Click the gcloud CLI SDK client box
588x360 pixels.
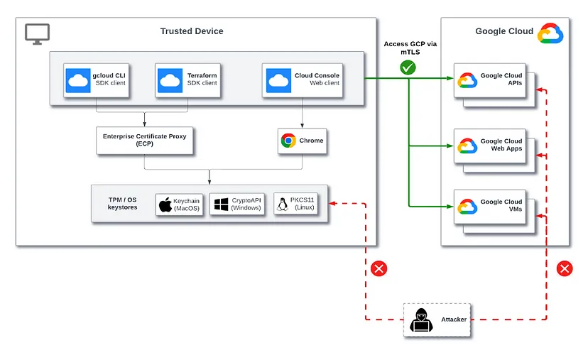(x=96, y=80)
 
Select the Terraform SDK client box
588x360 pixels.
(x=187, y=80)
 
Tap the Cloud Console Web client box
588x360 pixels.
(x=303, y=80)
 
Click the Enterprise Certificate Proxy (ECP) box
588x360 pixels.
(x=144, y=141)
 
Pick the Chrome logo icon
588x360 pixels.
(x=288, y=141)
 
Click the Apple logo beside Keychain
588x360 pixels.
(x=165, y=204)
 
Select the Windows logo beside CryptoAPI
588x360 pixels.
(x=222, y=204)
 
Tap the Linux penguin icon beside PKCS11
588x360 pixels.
(x=283, y=204)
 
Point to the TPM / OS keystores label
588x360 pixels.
(x=122, y=203)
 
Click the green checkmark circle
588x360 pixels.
(x=408, y=67)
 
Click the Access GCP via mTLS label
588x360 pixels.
(x=410, y=48)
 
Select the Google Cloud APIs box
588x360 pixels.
(x=490, y=80)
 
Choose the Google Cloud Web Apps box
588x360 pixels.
(x=490, y=146)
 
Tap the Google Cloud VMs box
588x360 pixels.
(x=490, y=207)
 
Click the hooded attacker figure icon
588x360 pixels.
(x=421, y=320)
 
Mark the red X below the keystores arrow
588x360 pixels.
(x=379, y=268)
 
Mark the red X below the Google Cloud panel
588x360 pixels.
(x=565, y=268)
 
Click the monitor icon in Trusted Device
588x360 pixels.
(x=37, y=34)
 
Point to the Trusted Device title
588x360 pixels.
(x=192, y=31)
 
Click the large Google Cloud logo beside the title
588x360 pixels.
(x=550, y=33)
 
